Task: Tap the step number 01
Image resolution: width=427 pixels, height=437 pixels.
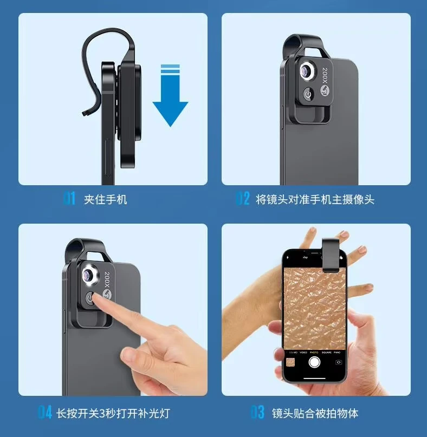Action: pyautogui.click(x=69, y=199)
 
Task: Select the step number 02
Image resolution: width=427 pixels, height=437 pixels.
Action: pyautogui.click(x=243, y=199)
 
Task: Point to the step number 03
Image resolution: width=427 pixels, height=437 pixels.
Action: pyautogui.click(x=257, y=412)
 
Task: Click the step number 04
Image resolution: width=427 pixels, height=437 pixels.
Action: pyautogui.click(x=44, y=412)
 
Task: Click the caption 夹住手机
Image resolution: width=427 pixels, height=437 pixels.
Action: pyautogui.click(x=106, y=200)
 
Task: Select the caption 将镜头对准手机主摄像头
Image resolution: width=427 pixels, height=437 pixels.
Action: pyautogui.click(x=315, y=200)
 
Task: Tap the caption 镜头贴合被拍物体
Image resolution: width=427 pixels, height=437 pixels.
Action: pyautogui.click(x=315, y=413)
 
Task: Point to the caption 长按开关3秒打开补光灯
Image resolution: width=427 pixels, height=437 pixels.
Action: pyautogui.click(x=113, y=413)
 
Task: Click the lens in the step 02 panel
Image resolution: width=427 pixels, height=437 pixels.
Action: pyautogui.click(x=308, y=71)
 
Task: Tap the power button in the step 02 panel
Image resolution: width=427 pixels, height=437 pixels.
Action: pyautogui.click(x=308, y=94)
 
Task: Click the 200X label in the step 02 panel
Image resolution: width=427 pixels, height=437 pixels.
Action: pyautogui.click(x=325, y=75)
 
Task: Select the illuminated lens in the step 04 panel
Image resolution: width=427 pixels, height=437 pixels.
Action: pyautogui.click(x=89, y=275)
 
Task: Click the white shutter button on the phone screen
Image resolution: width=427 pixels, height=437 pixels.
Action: pyautogui.click(x=314, y=362)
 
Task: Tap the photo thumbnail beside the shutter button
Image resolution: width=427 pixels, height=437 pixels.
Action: pyautogui.click(x=290, y=362)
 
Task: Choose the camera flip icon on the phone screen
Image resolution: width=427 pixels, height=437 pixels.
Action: pyautogui.click(x=339, y=362)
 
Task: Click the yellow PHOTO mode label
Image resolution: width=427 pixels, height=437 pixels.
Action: pyautogui.click(x=314, y=353)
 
